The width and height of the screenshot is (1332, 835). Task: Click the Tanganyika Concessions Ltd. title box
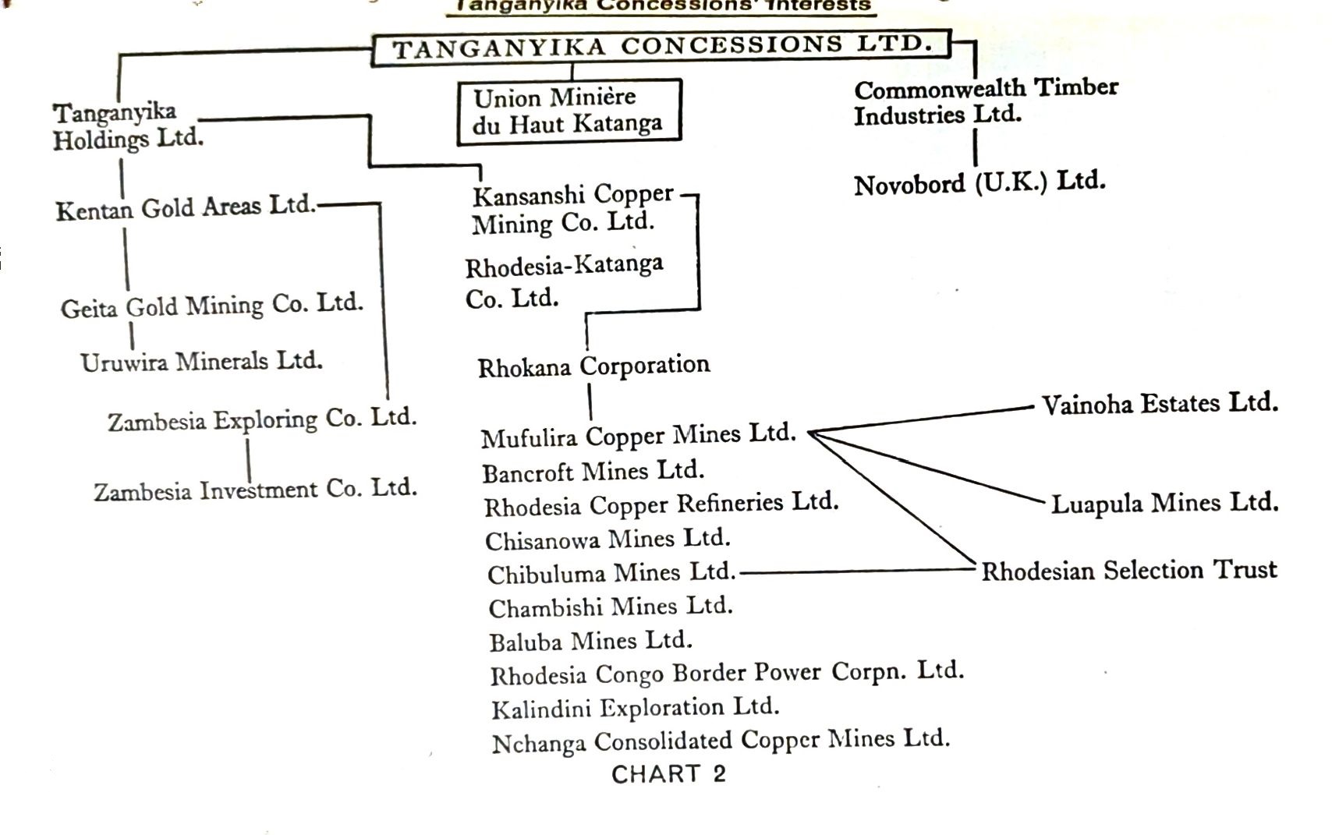661,48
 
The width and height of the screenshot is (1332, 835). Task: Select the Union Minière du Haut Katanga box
569,111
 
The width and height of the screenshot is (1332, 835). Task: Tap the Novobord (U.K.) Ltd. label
980,184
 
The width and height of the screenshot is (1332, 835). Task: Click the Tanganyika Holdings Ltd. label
127,126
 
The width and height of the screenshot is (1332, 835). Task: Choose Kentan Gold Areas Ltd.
186,208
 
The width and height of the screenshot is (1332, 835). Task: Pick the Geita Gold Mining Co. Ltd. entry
212,305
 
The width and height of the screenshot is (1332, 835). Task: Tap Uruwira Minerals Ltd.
201,362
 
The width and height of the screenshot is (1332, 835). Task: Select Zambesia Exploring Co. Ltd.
262,419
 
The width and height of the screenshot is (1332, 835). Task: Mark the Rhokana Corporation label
593,366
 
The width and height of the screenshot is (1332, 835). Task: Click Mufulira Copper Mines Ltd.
638,436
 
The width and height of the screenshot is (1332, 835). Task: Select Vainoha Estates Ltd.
1160,404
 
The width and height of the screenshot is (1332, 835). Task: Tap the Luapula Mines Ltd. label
1164,503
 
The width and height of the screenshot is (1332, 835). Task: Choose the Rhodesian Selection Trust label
1128,571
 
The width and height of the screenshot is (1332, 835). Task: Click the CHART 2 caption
668,774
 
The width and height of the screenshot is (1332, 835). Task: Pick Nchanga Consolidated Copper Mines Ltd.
721,741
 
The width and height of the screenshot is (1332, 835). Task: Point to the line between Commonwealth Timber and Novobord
975,148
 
